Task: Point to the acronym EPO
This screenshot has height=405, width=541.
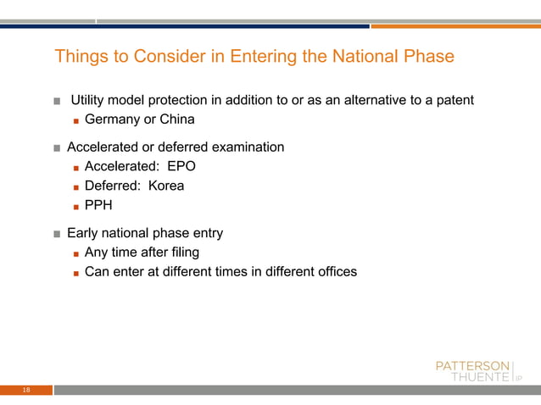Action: point(181,166)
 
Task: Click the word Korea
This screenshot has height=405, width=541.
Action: point(166,186)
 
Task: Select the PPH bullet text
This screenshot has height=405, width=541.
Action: point(98,205)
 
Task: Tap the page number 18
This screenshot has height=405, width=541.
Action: point(26,391)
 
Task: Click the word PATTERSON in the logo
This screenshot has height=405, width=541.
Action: point(472,365)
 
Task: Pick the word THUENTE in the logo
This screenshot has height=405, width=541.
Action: point(480,378)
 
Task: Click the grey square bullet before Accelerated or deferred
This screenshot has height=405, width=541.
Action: point(57,148)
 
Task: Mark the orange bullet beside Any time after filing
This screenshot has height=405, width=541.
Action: point(76,253)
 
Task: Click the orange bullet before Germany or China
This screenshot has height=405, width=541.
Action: point(76,120)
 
